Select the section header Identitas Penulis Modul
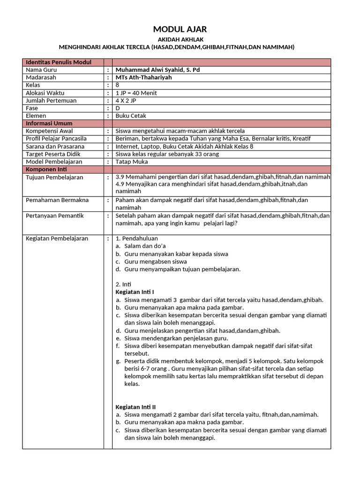59,62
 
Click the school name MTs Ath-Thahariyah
143,77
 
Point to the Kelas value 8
118,85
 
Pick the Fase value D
118,108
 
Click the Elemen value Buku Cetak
131,116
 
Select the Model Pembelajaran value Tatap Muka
132,162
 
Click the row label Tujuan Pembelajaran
54,177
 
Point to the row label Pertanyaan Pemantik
55,216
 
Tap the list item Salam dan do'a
145,246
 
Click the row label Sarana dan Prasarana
55,146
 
